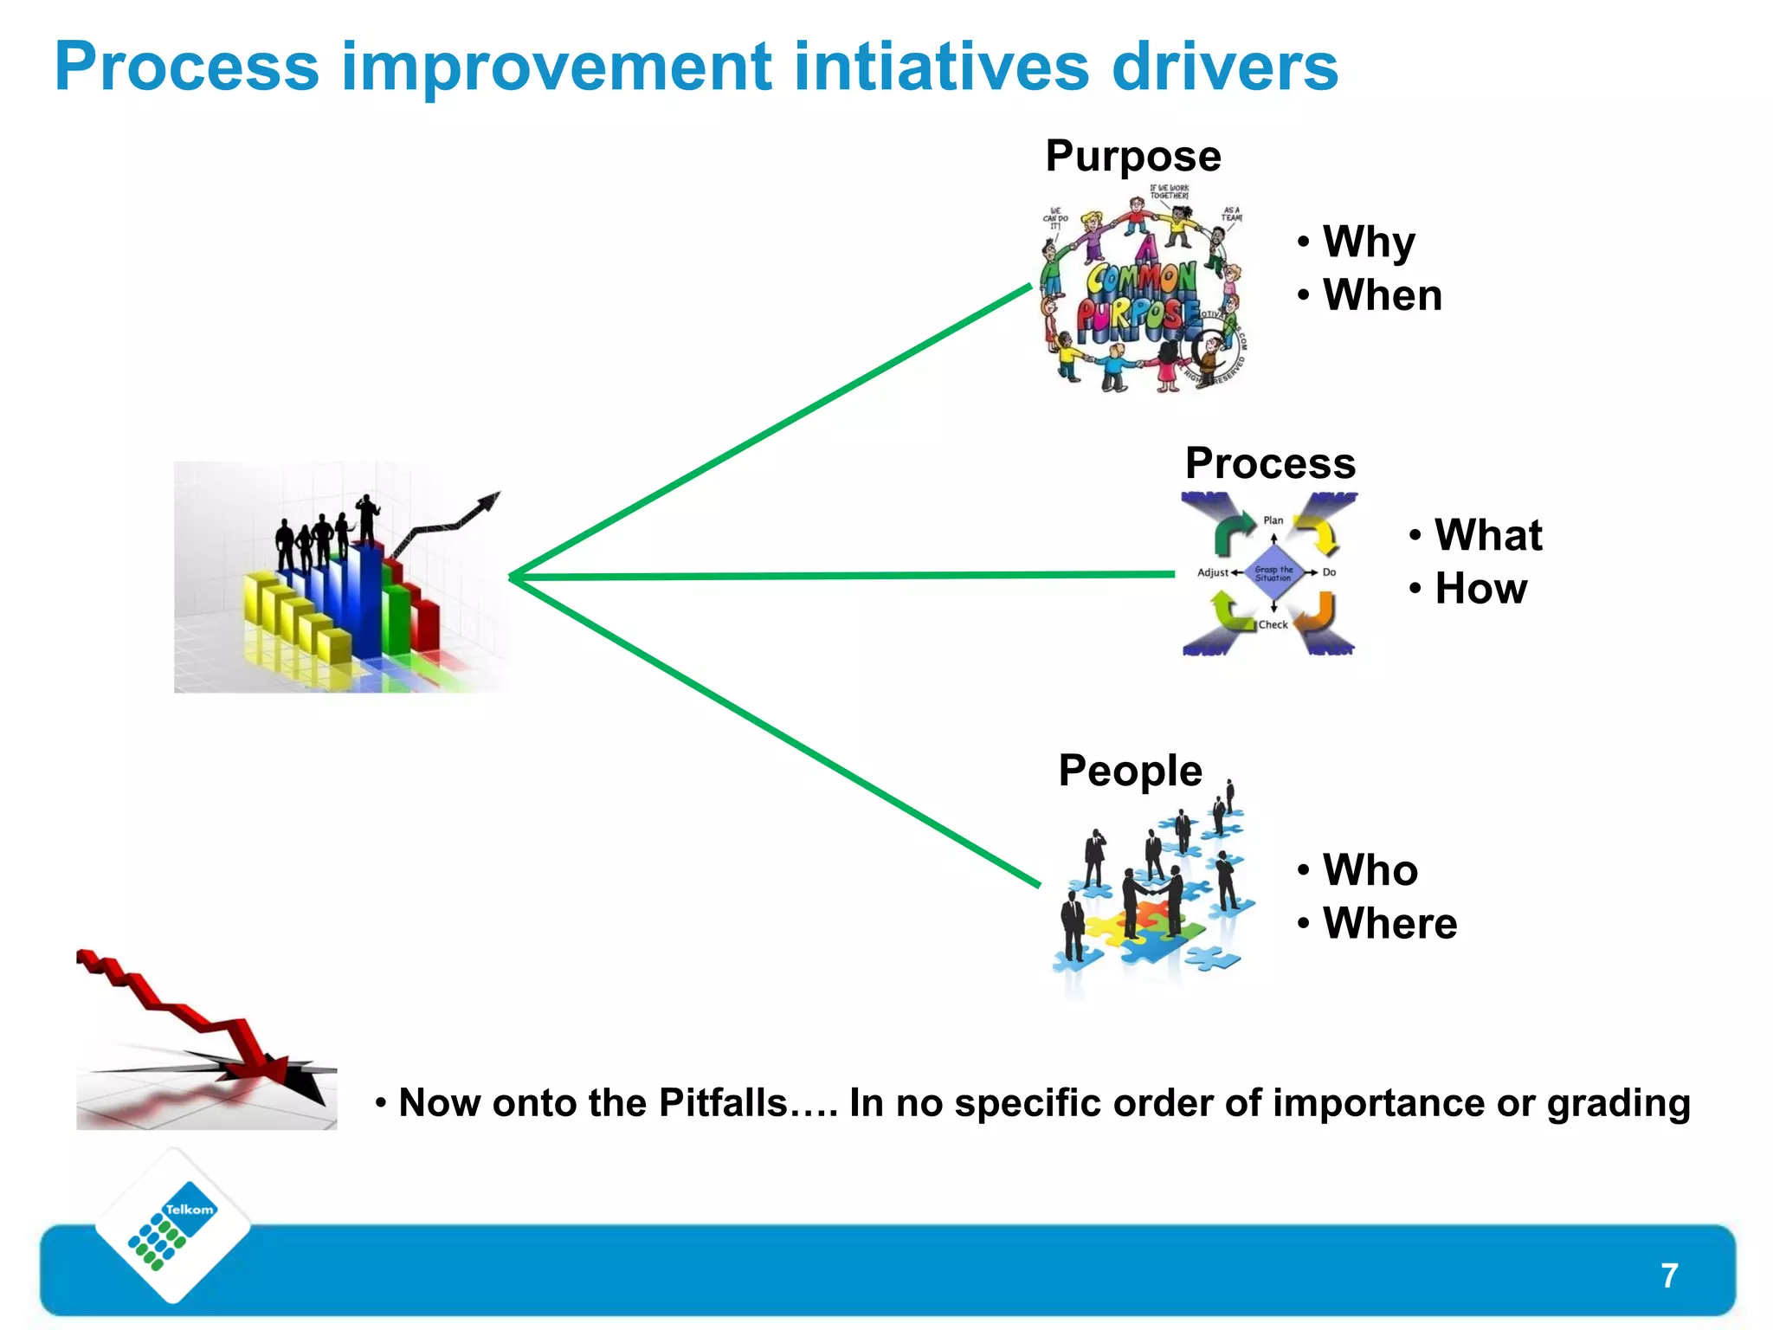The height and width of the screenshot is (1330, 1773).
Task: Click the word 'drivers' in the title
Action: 1224,68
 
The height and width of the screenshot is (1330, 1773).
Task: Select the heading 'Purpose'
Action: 1132,157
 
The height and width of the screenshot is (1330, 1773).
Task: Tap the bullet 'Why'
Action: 1369,242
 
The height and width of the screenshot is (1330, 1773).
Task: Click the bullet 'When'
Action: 1382,295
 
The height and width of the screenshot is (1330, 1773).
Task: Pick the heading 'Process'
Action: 1269,463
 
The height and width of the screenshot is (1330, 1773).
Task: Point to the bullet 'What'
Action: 1487,534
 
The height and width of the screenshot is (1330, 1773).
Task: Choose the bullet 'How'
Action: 1480,589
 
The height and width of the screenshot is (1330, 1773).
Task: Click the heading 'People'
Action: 1130,771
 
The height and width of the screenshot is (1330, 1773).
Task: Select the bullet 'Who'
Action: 1370,870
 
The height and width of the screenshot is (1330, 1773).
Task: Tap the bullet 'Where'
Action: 1389,923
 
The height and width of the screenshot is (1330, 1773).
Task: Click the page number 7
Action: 1669,1275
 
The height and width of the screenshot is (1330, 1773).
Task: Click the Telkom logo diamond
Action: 173,1225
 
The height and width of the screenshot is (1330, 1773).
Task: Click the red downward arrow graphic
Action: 199,1022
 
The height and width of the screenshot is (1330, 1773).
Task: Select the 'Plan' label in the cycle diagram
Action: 1273,520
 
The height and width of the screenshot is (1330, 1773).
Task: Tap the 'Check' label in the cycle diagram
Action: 1273,624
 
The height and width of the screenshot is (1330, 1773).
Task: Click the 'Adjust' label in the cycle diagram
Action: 1212,572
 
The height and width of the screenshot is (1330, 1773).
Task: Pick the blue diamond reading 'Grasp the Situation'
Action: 1273,572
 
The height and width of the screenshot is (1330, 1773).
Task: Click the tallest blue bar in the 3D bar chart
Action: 371,597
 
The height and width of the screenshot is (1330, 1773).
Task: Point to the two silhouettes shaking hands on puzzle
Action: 1152,901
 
